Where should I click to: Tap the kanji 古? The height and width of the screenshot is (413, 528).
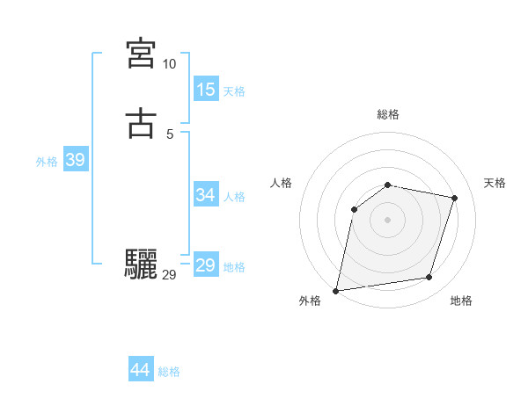[141, 124]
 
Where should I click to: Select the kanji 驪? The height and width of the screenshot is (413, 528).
[141, 263]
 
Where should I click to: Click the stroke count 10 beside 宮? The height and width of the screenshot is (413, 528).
[169, 64]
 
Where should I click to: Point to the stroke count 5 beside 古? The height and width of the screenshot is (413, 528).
[170, 134]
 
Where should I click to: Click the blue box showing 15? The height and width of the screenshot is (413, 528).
[206, 90]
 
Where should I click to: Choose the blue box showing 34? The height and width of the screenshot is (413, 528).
[206, 195]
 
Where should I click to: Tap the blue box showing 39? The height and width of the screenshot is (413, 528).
[75, 160]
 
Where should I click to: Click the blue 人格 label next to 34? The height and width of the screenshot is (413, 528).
[235, 197]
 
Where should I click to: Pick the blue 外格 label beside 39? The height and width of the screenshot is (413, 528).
[47, 162]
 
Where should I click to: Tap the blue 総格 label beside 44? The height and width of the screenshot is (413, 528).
[169, 372]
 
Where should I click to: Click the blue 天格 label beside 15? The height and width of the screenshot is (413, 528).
[235, 91]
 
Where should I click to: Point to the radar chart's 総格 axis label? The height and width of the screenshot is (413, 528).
[388, 114]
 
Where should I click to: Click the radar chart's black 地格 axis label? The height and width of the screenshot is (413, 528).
[461, 301]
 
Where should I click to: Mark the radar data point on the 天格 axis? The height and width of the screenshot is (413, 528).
[455, 198]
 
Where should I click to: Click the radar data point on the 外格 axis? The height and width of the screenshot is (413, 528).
[336, 290]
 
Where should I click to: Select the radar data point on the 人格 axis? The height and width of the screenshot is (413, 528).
[354, 209]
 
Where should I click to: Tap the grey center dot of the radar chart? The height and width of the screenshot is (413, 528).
[388, 220]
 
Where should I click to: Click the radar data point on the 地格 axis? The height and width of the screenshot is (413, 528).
[429, 278]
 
